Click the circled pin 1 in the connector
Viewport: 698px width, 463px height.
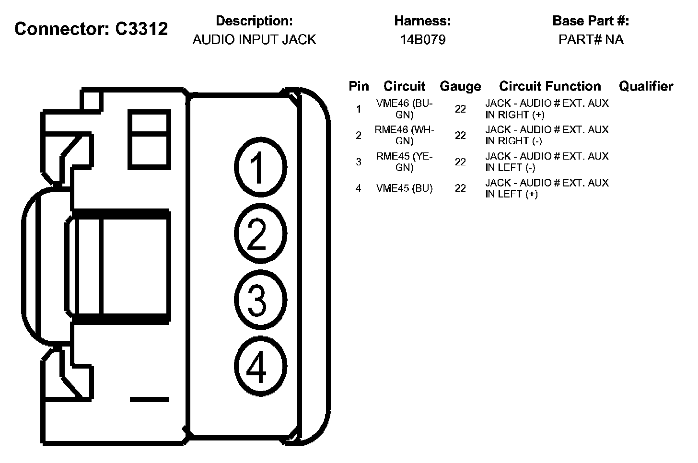[260, 168]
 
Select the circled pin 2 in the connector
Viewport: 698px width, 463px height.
[260, 234]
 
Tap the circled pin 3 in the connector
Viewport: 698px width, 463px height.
[260, 301]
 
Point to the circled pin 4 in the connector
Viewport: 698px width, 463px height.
[260, 368]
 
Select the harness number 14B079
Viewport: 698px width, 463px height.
[423, 40]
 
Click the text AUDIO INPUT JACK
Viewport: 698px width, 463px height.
[254, 40]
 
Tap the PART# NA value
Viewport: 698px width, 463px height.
[591, 40]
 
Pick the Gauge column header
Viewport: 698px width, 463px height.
[460, 86]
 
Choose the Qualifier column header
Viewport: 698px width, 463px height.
[646, 86]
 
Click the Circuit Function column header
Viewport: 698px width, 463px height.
[550, 86]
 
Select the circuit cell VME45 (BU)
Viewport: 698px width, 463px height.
[404, 188]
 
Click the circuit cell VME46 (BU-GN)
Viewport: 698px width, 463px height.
[404, 109]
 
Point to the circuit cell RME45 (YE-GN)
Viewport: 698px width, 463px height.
[404, 162]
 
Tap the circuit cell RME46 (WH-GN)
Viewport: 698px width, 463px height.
[404, 135]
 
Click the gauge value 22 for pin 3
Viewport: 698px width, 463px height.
[460, 162]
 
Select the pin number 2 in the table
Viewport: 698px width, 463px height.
[358, 136]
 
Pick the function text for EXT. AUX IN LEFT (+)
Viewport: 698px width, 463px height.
[547, 188]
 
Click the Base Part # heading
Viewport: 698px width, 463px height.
[591, 21]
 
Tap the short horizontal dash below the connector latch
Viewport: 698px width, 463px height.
[149, 399]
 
